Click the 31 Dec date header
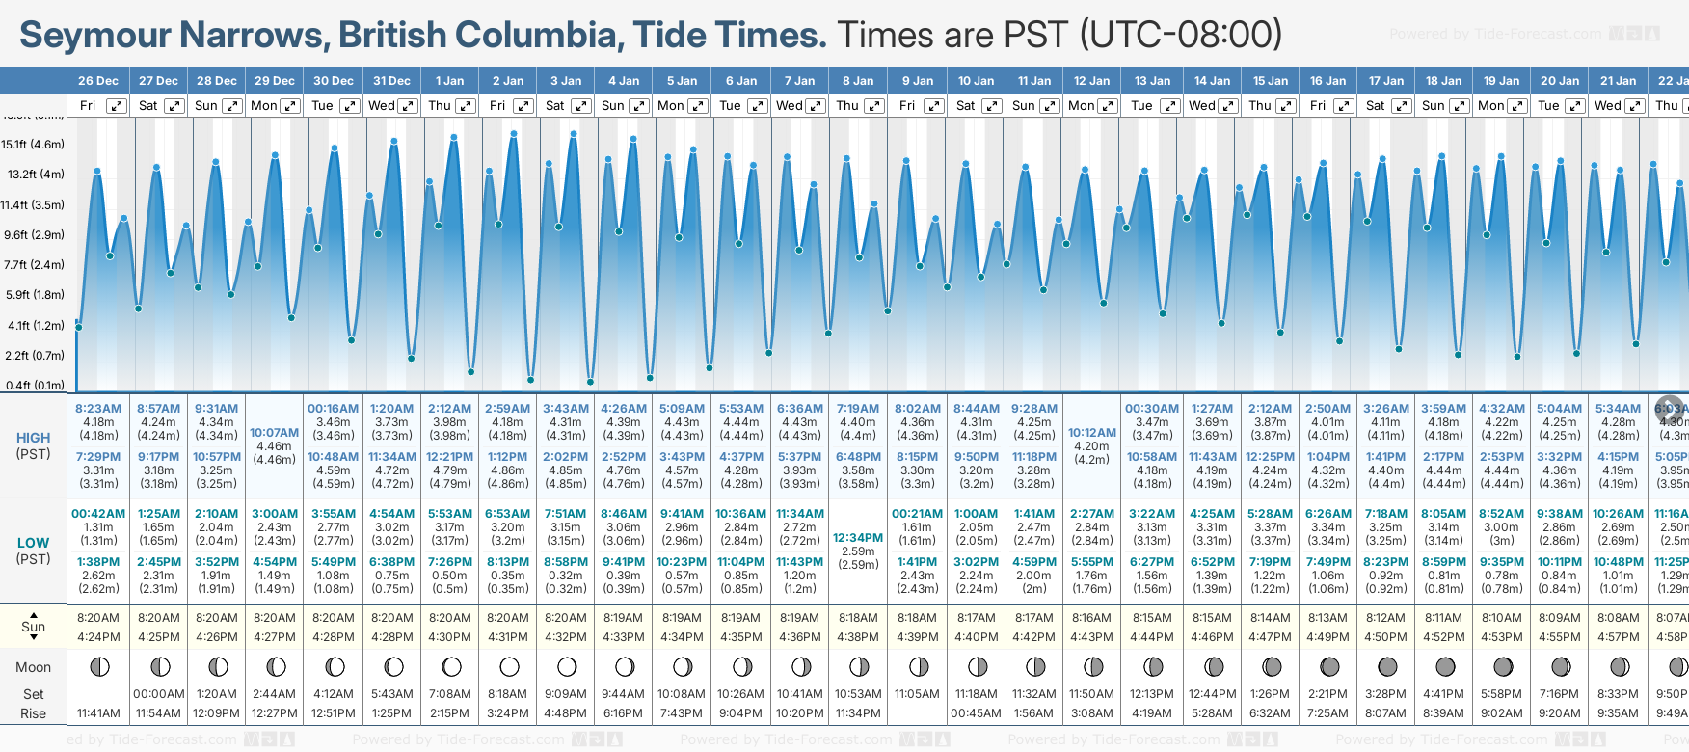point(391,81)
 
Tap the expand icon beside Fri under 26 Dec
point(116,106)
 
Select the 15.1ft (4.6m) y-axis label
point(33,145)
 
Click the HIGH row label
point(33,438)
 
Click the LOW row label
point(33,543)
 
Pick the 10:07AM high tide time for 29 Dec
point(275,433)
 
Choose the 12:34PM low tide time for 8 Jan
point(858,538)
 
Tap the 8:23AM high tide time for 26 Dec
point(98,409)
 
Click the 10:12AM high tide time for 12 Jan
point(1092,433)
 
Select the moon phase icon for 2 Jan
point(509,666)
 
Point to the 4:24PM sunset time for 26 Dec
point(98,636)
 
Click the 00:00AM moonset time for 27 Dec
point(158,693)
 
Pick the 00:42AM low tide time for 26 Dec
point(98,514)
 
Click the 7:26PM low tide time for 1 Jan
point(449,562)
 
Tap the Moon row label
point(33,667)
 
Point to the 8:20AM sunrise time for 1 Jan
point(449,618)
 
